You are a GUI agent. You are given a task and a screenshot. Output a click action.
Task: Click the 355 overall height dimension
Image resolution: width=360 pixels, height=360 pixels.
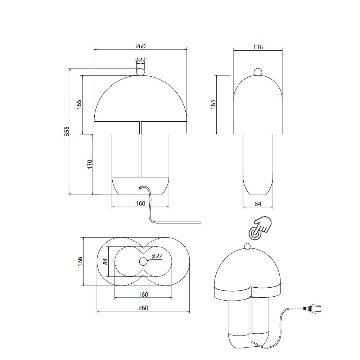pyautogui.click(x=67, y=131)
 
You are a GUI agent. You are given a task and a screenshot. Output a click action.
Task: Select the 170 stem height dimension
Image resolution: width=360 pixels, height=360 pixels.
pyautogui.click(x=90, y=165)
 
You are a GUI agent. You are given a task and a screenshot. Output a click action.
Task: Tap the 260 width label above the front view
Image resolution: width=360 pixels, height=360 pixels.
pyautogui.click(x=140, y=46)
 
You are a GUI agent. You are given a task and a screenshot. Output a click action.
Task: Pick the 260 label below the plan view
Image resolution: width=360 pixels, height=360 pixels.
pyautogui.click(x=143, y=308)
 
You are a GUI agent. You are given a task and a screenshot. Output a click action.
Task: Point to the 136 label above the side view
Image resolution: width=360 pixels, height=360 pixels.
pyautogui.click(x=258, y=47)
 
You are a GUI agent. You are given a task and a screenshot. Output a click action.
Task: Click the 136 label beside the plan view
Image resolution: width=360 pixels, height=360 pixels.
pyautogui.click(x=80, y=261)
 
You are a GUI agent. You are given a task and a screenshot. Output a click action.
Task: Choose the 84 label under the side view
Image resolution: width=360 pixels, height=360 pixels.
pyautogui.click(x=258, y=204)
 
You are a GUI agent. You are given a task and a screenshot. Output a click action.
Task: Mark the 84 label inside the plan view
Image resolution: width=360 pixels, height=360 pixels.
pyautogui.click(x=105, y=261)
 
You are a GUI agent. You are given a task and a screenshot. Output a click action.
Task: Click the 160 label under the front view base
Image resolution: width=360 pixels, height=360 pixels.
pyautogui.click(x=140, y=203)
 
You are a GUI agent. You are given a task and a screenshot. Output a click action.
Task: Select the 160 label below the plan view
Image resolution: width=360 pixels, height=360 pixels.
pyautogui.click(x=143, y=294)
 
